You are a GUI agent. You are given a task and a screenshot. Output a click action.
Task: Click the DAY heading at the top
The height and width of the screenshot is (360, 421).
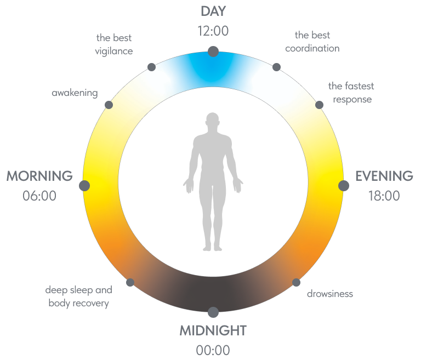click(213, 11)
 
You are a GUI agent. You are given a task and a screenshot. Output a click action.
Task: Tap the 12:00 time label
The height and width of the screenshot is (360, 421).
click(213, 31)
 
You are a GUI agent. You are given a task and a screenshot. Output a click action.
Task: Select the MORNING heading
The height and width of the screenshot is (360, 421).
click(39, 176)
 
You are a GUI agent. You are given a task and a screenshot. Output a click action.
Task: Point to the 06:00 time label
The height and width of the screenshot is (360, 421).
click(39, 196)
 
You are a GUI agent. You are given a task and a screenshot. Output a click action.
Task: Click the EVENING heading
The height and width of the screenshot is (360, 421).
click(384, 176)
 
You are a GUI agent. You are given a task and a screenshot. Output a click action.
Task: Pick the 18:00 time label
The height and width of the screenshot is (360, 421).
click(384, 196)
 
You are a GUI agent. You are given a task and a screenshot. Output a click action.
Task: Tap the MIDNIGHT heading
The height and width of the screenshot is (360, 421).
click(213, 330)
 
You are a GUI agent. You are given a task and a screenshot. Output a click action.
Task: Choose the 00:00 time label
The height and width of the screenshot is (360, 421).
click(213, 350)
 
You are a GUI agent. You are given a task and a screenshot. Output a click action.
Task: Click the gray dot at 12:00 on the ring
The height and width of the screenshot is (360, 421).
click(213, 52)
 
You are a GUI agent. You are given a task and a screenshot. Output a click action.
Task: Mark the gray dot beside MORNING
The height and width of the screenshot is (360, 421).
click(84, 186)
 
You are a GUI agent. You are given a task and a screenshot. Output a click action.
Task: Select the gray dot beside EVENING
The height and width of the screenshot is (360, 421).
click(344, 186)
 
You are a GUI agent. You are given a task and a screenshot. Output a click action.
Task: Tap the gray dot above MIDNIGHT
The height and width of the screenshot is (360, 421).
click(213, 312)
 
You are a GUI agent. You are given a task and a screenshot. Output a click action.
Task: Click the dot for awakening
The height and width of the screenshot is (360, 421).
click(109, 105)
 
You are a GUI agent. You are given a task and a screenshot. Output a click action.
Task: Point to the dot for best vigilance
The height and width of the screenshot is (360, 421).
click(152, 67)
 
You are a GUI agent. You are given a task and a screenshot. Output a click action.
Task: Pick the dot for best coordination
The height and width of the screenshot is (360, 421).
click(276, 67)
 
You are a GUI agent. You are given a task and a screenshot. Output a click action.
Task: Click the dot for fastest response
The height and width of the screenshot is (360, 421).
click(318, 105)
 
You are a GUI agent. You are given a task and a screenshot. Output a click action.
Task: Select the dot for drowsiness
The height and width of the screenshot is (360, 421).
click(296, 282)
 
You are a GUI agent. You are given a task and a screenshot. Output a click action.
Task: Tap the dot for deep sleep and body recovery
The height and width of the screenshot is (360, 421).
click(130, 282)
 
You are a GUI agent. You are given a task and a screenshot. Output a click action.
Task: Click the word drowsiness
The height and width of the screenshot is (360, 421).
click(329, 294)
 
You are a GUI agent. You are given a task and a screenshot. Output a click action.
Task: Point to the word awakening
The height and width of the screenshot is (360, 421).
click(75, 93)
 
